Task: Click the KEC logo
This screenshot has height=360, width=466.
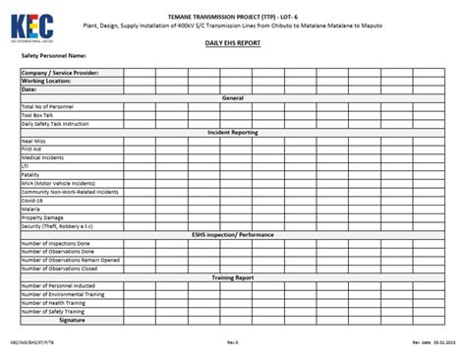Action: (32, 19)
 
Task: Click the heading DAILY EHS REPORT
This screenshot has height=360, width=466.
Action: (233, 44)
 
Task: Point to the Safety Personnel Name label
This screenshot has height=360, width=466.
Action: (60, 56)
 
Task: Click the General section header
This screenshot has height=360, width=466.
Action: (233, 98)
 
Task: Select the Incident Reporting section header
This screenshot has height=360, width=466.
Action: (233, 132)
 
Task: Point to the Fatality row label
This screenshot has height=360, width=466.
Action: (31, 174)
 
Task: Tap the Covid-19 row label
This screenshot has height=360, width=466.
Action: (33, 200)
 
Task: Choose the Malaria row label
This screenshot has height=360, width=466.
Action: (31, 209)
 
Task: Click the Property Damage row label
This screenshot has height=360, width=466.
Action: (42, 217)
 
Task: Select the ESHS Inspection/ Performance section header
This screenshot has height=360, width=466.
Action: (233, 234)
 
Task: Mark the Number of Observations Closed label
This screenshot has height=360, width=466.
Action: (59, 268)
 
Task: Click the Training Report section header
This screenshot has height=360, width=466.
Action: (233, 277)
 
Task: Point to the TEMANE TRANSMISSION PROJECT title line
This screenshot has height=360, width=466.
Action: (233, 7)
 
